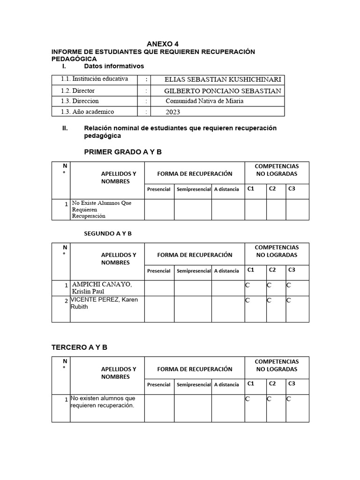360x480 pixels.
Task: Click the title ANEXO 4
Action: pos(163,44)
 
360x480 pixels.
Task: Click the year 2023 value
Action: pos(172,112)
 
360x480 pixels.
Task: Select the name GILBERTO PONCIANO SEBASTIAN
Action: pos(223,91)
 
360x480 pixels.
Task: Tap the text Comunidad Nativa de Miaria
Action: pos(204,101)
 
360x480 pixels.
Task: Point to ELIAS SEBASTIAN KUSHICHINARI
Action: pos(223,80)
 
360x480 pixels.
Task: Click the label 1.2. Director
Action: pos(78,90)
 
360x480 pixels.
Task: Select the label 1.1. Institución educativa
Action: pos(94,79)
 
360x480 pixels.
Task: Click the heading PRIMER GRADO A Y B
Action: pos(123,152)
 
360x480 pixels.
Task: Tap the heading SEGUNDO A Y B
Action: pos(108,233)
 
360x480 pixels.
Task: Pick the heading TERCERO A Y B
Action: pos(79,347)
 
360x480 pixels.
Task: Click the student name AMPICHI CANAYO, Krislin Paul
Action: pos(101,288)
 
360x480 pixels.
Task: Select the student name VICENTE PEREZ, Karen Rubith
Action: pos(105,303)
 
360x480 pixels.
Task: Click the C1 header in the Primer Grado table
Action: pos(251,189)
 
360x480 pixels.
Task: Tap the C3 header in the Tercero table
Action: pos(292,383)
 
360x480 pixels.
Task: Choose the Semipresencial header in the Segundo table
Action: pos(194,271)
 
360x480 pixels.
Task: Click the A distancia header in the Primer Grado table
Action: pos(226,189)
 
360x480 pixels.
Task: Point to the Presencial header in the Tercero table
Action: pos(159,385)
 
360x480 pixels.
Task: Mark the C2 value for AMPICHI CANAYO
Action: pos(269,285)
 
